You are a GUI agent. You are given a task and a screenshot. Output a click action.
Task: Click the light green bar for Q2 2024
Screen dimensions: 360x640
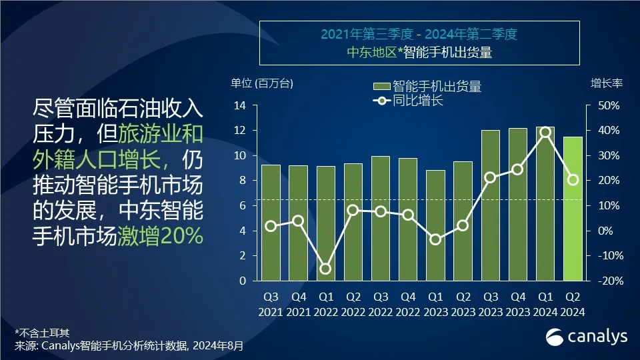point(573,209)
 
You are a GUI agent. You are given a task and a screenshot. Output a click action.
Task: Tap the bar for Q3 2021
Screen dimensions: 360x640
point(271,223)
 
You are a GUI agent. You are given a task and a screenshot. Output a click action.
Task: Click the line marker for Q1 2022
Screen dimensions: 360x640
point(325,269)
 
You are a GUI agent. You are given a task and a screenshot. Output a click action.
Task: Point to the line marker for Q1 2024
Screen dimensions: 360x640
point(545,132)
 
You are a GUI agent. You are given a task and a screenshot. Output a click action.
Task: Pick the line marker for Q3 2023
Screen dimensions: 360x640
point(490,177)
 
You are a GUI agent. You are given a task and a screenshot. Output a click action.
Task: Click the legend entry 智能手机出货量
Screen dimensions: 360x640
point(427,87)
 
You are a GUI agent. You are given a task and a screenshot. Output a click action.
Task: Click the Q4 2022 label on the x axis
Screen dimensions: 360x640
point(408,304)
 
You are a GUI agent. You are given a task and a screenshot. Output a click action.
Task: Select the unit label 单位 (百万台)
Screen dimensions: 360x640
point(261,83)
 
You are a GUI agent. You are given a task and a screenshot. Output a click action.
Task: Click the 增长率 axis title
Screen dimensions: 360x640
point(606,83)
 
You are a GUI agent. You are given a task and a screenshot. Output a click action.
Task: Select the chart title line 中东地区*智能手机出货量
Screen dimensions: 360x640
point(419,53)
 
